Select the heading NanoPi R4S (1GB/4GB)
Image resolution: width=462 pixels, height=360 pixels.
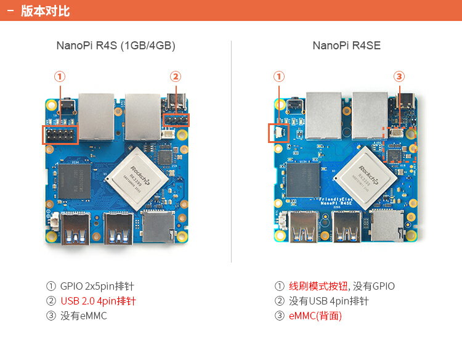116,46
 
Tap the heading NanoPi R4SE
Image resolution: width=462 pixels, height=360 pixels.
346,46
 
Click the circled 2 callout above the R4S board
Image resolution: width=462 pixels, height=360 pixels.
176,76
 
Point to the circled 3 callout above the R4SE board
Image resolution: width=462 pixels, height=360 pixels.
399,76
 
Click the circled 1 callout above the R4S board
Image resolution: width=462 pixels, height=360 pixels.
60,76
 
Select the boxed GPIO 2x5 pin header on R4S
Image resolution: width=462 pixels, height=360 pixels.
60,134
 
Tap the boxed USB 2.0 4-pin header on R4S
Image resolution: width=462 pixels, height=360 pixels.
176,120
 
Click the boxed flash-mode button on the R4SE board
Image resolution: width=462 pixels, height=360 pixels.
278,133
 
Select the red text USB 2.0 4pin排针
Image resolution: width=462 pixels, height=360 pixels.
98,301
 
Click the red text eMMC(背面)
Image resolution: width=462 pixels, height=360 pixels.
315,316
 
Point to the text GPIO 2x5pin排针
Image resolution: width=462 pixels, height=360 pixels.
97,287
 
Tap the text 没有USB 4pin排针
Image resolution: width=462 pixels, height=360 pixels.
329,301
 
